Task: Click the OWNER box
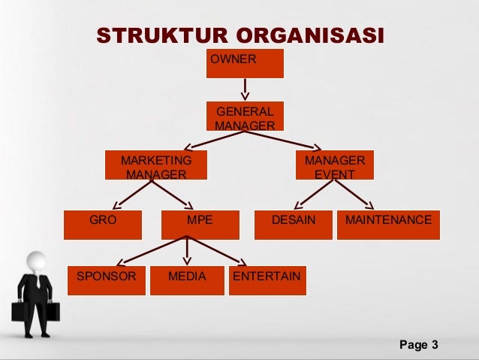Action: [245, 63]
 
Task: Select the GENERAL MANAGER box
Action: [245, 116]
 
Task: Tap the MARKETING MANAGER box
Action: [156, 167]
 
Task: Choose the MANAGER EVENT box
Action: [334, 167]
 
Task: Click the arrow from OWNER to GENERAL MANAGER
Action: [245, 89]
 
